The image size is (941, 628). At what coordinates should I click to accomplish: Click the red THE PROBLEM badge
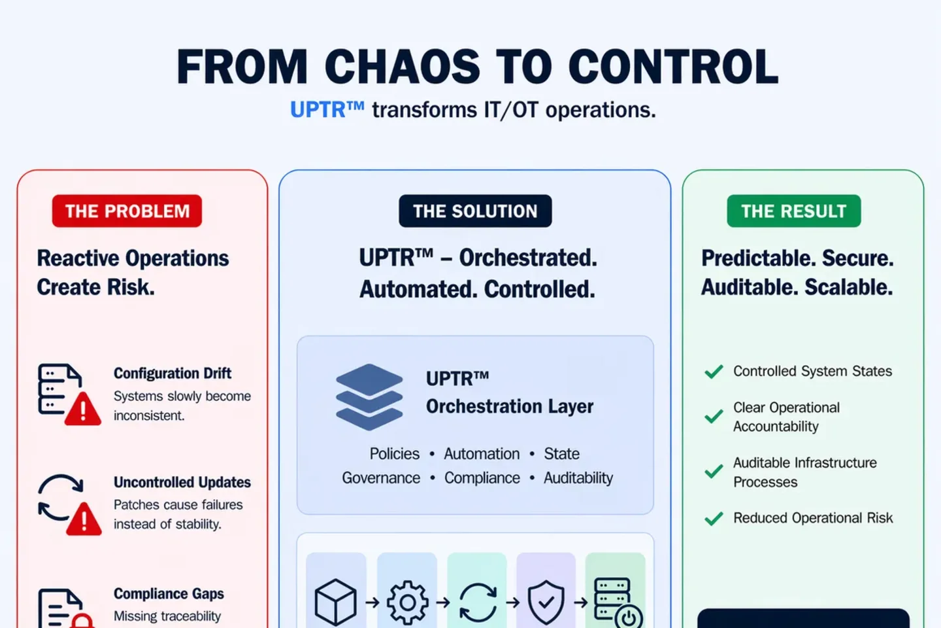pyautogui.click(x=127, y=211)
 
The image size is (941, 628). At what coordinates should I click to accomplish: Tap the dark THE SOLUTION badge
pyautogui.click(x=475, y=211)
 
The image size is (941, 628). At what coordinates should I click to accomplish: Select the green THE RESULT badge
pyautogui.click(x=793, y=211)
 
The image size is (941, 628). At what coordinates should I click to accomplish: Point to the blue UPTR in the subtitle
pyautogui.click(x=318, y=110)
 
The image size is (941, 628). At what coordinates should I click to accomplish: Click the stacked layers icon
pyautogui.click(x=369, y=396)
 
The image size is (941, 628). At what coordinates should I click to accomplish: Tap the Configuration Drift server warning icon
pyautogui.click(x=68, y=393)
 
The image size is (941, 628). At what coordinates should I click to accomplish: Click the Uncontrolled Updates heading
pyautogui.click(x=182, y=482)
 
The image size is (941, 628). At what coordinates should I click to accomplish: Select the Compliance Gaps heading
pyautogui.click(x=169, y=593)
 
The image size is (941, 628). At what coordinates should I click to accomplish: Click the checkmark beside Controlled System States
pyautogui.click(x=714, y=372)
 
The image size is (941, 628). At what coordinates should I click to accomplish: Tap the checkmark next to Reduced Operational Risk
pyautogui.click(x=714, y=519)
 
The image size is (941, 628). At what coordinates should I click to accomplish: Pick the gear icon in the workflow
pyautogui.click(x=407, y=602)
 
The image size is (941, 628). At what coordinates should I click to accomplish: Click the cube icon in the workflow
pyautogui.click(x=336, y=602)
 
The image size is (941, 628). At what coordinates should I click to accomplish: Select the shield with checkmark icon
pyautogui.click(x=546, y=602)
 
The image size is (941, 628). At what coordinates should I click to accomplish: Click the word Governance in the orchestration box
pyautogui.click(x=381, y=478)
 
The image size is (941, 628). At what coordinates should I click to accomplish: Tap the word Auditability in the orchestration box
pyautogui.click(x=578, y=478)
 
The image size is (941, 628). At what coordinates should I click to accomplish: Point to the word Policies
pyautogui.click(x=395, y=454)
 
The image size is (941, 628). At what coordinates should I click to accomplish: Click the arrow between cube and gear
pyautogui.click(x=372, y=602)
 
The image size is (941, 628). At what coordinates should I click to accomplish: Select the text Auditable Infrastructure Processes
pyautogui.click(x=804, y=472)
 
